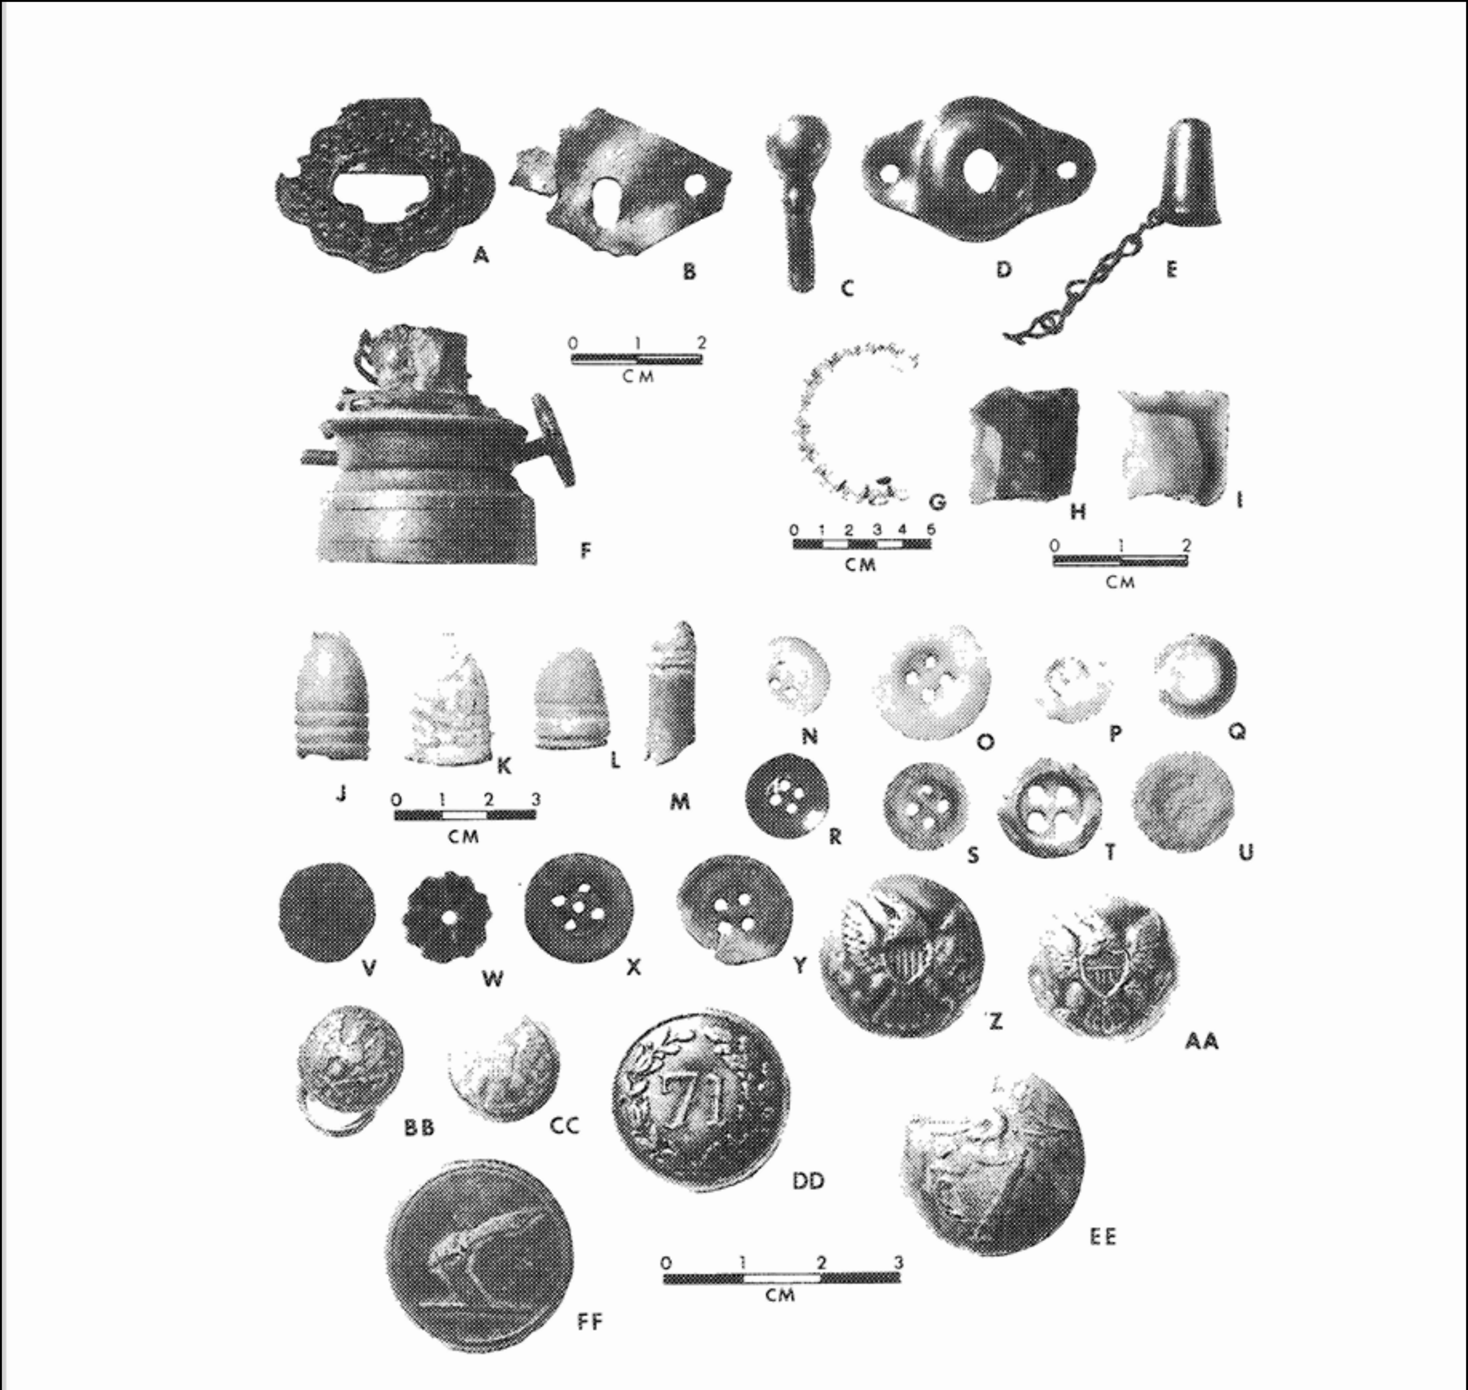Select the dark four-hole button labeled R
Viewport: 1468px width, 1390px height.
coord(786,796)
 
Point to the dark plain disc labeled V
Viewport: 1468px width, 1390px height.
coord(327,912)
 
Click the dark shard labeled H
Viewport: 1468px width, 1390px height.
coord(1024,447)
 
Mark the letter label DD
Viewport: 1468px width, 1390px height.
coord(808,1181)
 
